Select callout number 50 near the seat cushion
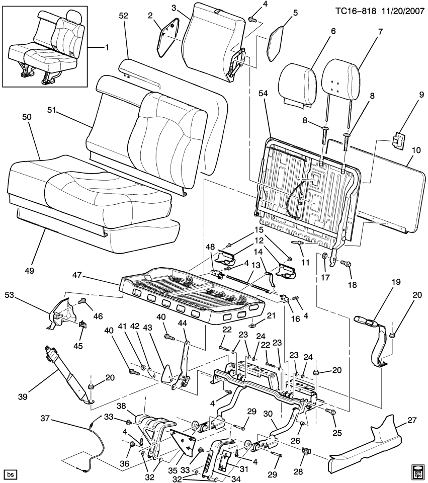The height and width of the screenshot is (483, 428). coord(27,116)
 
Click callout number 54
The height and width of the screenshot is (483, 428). coord(262,121)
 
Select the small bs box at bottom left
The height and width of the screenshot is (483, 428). coord(10,474)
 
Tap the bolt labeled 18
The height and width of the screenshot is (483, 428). coord(346,264)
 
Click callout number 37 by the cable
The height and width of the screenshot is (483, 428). coord(45,419)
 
